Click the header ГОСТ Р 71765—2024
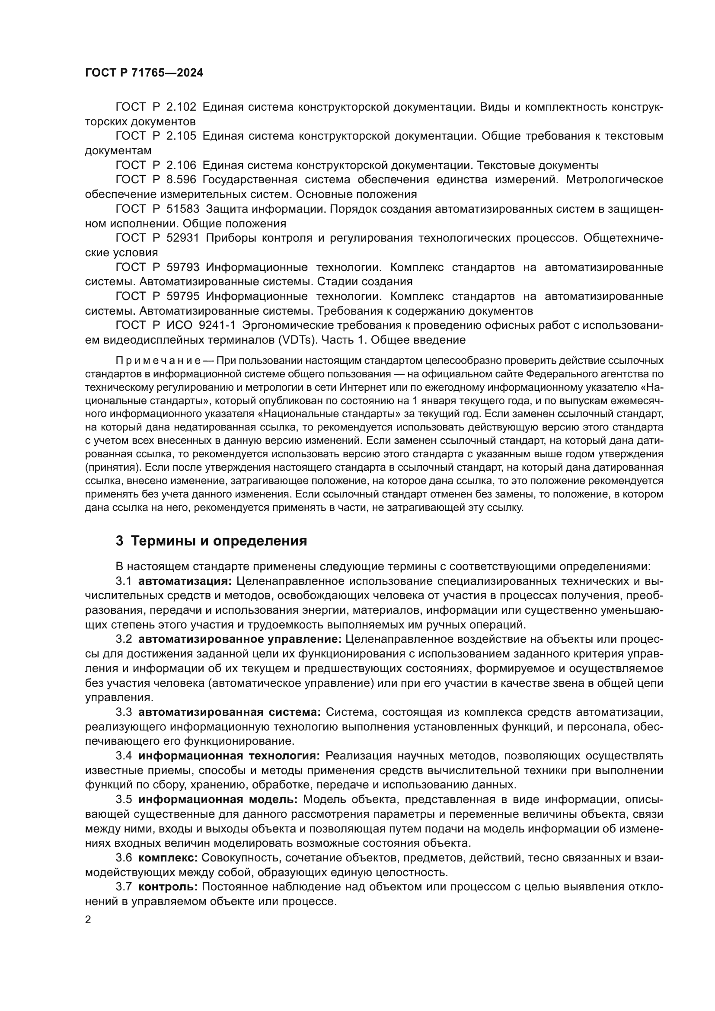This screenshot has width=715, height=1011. pos(144,73)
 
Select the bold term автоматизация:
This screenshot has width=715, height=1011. pos(185,581)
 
